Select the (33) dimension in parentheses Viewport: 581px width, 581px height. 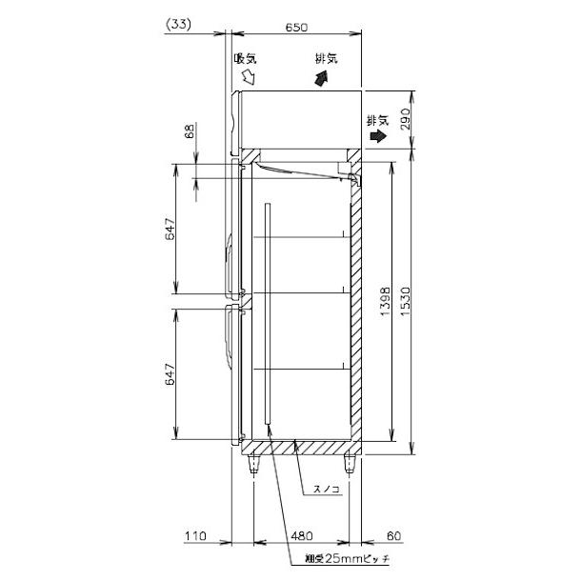pyautogui.click(x=178, y=27)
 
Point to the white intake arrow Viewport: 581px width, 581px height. pyautogui.click(x=250, y=75)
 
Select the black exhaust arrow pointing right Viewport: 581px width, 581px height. pyautogui.click(x=378, y=137)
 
